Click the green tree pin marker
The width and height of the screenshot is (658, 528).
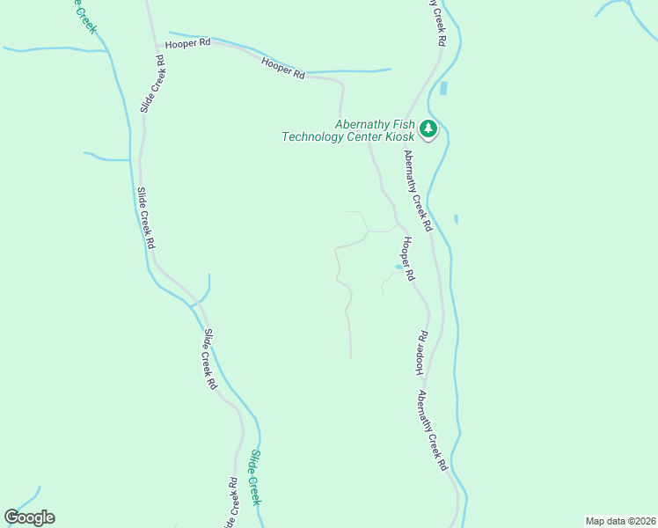point(428,129)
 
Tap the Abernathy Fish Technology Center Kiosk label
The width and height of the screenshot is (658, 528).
point(348,130)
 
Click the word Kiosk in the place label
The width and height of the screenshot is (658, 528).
point(397,137)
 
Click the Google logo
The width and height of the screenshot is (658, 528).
point(30,517)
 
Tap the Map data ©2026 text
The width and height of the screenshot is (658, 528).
point(621,521)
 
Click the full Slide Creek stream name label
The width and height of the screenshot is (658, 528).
point(255,477)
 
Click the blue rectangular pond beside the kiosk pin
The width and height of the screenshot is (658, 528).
point(443,88)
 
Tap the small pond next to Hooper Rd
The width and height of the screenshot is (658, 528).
point(398,267)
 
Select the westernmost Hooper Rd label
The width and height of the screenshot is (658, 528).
point(188,42)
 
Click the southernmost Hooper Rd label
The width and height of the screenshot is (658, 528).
point(421,354)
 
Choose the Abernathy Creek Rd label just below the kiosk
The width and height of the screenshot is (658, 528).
point(418,189)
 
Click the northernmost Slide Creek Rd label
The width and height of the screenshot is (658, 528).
point(152,85)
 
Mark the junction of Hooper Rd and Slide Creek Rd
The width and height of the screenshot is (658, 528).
point(157,46)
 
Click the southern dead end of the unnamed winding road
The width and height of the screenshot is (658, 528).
point(351,357)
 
